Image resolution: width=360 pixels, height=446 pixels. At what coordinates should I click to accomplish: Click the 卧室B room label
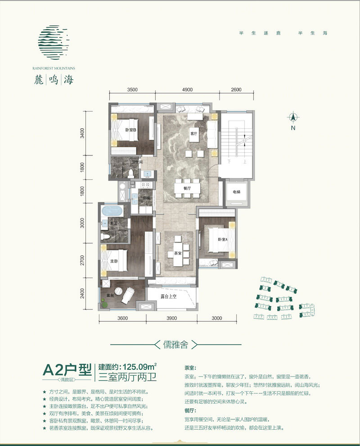130,131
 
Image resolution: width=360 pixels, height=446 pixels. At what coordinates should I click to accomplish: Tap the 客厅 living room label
193,134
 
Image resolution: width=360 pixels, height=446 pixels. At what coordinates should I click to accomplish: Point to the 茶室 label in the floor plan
177,254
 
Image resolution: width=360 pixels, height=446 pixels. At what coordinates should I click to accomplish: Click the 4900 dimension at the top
187,90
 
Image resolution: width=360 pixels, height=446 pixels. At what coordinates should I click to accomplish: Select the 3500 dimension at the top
132,90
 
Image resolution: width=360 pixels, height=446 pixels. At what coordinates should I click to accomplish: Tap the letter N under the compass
292,128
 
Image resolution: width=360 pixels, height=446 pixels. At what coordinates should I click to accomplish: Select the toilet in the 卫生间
130,172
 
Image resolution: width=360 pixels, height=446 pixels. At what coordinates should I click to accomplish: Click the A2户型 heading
66,370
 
